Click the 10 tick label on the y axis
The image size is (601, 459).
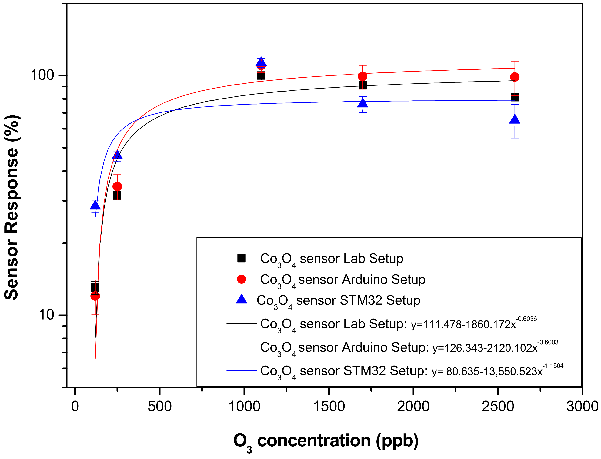(46, 315)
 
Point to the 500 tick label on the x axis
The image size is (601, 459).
(159, 407)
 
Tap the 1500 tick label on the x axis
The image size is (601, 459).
(329, 407)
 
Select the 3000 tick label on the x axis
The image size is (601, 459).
(582, 407)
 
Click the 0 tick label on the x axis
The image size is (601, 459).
(75, 407)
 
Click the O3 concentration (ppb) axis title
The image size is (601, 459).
(326, 441)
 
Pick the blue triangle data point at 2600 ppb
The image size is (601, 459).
(515, 120)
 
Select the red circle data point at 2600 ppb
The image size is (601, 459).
(515, 77)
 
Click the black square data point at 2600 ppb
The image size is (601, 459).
(515, 97)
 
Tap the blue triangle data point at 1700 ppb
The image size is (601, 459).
(362, 103)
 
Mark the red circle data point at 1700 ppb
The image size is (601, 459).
(362, 76)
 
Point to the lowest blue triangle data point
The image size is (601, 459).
(95, 205)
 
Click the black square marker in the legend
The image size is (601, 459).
(242, 258)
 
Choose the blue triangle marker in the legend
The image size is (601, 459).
(242, 300)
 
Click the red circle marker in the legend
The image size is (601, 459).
(242, 279)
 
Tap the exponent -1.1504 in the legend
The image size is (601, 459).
(553, 366)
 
